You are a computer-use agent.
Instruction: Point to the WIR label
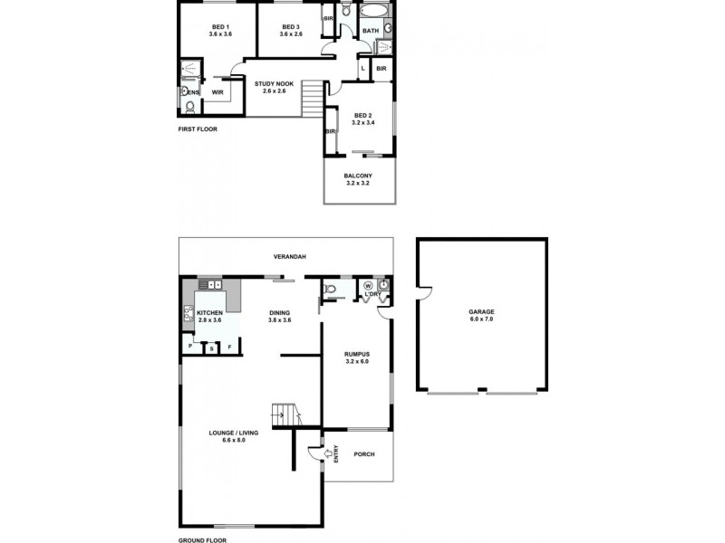[217, 92]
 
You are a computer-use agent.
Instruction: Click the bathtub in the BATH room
[372, 12]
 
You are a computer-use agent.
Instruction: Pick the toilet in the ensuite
[188, 107]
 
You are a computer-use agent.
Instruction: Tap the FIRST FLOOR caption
[198, 129]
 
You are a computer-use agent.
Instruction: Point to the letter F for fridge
[230, 348]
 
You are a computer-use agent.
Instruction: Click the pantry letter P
[190, 348]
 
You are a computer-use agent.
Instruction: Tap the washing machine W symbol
[368, 286]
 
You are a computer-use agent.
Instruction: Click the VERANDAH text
[290, 257]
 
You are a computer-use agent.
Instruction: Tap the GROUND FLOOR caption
[202, 539]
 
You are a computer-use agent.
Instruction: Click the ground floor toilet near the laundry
[332, 290]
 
